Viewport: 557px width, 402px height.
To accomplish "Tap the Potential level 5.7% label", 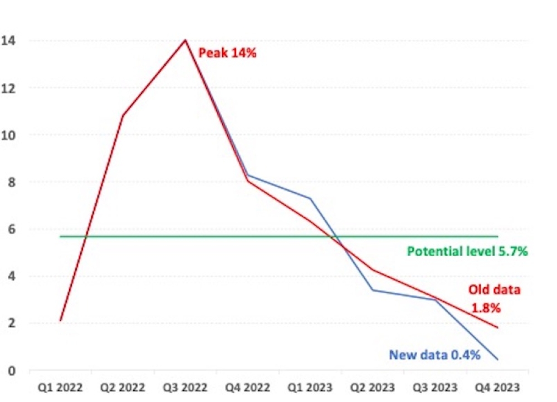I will click(467, 251).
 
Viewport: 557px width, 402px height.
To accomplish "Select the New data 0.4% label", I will click(434, 355).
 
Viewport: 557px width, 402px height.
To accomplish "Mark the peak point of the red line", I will click(185, 40).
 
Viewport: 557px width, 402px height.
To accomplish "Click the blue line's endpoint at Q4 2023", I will click(497, 360).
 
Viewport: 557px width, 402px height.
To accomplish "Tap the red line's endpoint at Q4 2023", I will click(497, 327).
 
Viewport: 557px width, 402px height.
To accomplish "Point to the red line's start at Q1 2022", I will click(60, 321).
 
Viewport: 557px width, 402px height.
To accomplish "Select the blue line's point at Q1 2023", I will click(310, 198).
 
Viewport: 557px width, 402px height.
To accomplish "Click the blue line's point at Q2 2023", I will click(372, 290).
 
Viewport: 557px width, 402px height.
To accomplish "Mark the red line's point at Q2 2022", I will click(123, 115).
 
